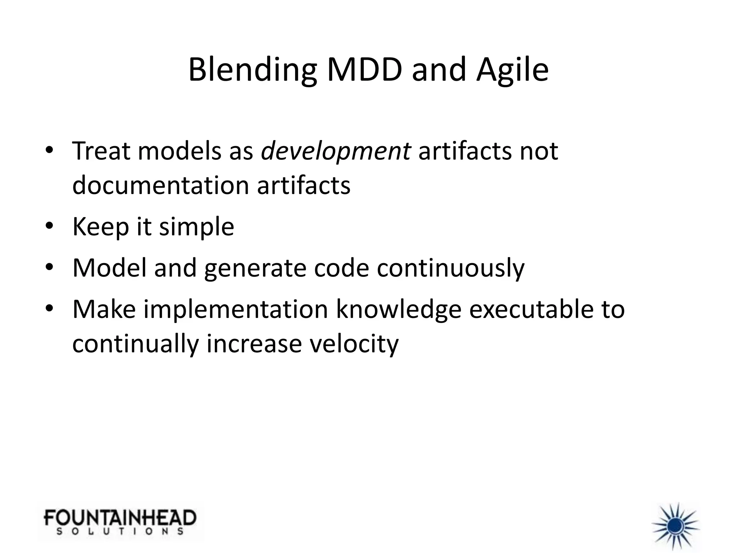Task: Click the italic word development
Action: coord(335,151)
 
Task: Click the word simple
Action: coord(196,228)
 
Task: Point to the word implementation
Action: coord(236,309)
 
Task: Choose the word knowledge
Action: coord(398,309)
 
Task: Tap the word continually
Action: coord(135,344)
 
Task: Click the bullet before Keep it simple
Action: coord(49,226)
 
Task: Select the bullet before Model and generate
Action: coord(49,267)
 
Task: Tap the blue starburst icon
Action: coord(675,526)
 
